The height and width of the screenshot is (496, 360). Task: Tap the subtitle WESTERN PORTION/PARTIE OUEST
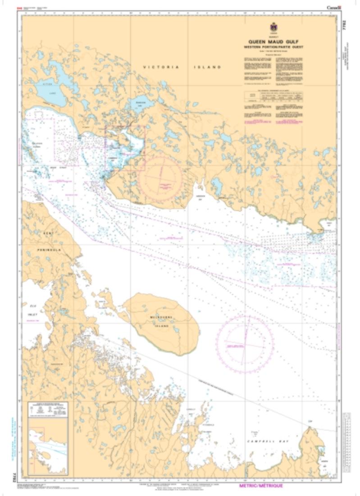coord(273,47)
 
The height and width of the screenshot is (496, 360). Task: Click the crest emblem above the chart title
coord(273,27)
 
